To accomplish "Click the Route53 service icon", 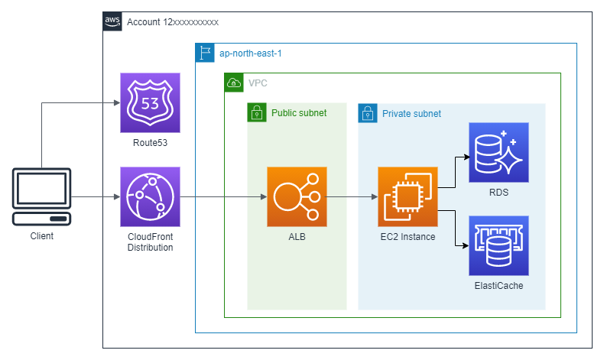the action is click(x=150, y=102).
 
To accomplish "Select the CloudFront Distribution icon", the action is click(x=150, y=196).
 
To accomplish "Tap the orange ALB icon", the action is click(x=297, y=196).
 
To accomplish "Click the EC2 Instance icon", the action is click(x=408, y=196).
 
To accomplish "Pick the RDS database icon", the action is click(x=498, y=152).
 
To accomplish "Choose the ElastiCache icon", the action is click(x=498, y=245).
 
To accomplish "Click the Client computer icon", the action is click(x=41, y=196).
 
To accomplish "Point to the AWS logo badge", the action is click(x=112, y=21).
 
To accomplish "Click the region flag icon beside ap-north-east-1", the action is click(x=205, y=53).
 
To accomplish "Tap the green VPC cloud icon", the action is click(x=234, y=83).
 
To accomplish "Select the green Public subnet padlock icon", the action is click(x=257, y=112).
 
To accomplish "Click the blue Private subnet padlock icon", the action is click(x=368, y=113).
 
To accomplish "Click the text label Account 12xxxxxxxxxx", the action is click(x=173, y=22).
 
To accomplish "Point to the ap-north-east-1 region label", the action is click(x=250, y=54).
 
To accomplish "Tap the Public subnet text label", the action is click(x=299, y=113).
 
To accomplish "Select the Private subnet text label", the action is click(x=411, y=114).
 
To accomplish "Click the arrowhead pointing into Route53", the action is click(x=117, y=102).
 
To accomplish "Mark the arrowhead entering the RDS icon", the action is click(x=466, y=157).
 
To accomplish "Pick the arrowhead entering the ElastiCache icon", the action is click(x=466, y=245).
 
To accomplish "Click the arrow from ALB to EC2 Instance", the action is click(x=352, y=196).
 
